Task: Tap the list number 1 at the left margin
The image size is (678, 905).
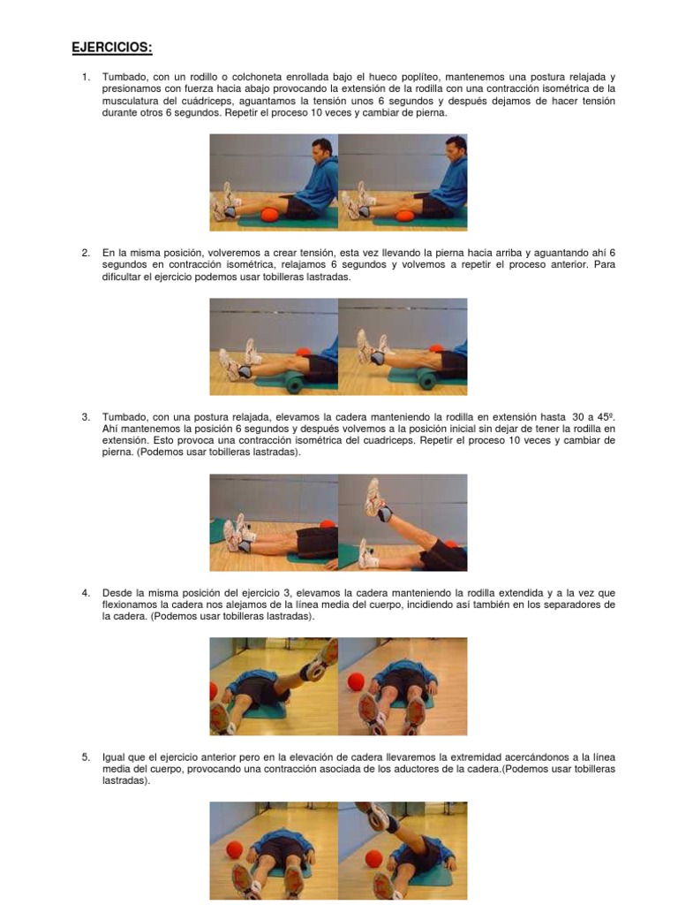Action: click(86, 78)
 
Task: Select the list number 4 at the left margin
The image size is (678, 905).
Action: click(86, 592)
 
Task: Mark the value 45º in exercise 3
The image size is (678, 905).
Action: click(605, 416)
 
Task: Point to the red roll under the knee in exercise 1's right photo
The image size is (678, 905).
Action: click(405, 216)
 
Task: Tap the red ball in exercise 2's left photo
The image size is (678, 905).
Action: click(303, 353)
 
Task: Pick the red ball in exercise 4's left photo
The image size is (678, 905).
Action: click(214, 695)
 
